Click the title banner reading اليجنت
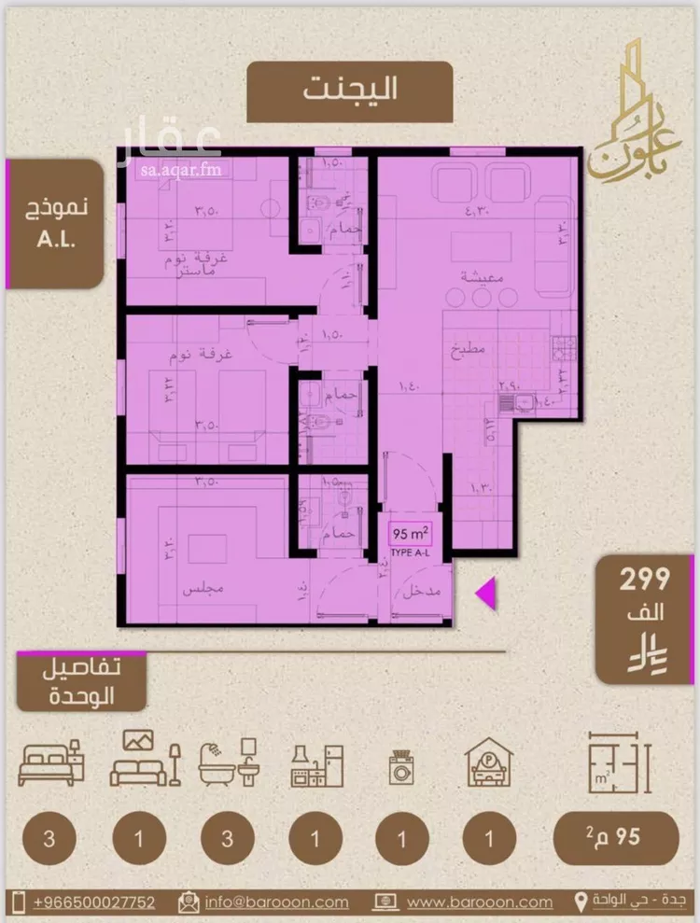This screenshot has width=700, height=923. click(x=350, y=91)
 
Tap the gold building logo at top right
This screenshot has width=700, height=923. click(x=626, y=112)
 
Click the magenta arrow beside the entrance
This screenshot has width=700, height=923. click(x=484, y=592)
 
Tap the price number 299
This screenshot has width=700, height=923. click(x=645, y=580)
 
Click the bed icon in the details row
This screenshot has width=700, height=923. click(x=49, y=763)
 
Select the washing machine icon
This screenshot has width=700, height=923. click(x=401, y=771)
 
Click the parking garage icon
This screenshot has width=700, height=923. click(x=489, y=765)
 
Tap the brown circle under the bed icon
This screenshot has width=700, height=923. click(x=47, y=837)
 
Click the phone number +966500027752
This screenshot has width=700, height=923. click(x=93, y=902)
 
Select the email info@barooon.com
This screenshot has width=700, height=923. click(x=276, y=902)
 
